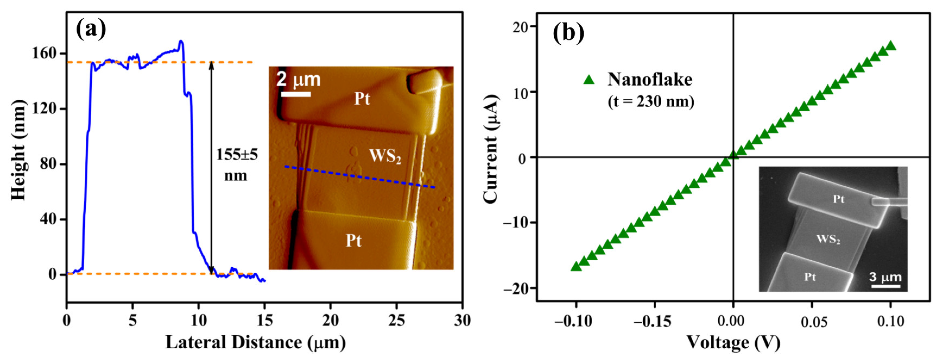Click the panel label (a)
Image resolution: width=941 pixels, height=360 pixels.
coord(91,29)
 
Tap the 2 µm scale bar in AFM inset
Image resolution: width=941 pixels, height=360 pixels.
coord(296,94)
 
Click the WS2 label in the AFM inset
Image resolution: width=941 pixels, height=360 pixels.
coord(385,156)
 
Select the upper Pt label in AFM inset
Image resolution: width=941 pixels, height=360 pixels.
coord(362,99)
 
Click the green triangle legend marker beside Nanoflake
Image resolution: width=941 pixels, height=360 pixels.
coord(589,80)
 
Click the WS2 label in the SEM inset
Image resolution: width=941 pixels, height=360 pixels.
coord(828,239)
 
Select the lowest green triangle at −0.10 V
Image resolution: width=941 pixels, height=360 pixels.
coord(576,266)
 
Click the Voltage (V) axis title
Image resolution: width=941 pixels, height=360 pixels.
coord(733,342)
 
